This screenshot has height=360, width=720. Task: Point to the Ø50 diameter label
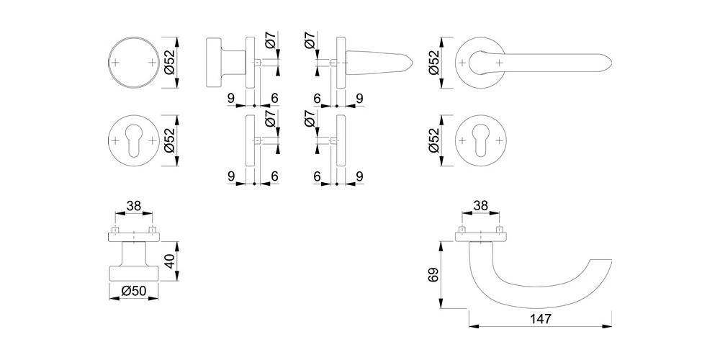point(134,291)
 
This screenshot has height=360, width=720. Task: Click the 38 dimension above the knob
point(134,205)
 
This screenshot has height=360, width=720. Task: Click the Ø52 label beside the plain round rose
point(169,63)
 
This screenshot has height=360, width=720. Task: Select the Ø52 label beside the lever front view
point(434,63)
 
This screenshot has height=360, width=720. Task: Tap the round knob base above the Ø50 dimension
point(134,272)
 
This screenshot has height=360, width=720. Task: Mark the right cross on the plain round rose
point(152,63)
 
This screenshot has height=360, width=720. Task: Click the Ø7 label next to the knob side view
point(270,42)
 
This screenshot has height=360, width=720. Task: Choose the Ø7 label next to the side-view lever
point(310,42)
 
